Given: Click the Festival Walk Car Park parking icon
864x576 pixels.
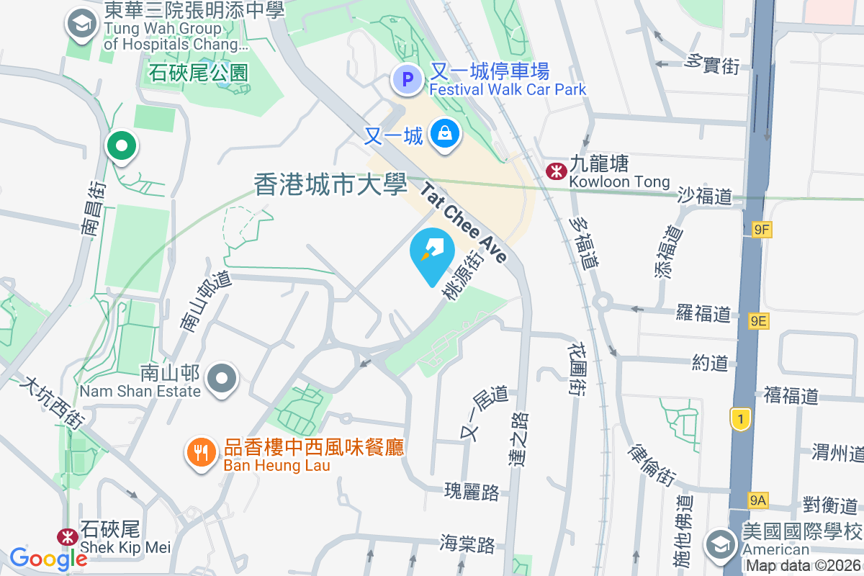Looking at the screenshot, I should (x=408, y=79).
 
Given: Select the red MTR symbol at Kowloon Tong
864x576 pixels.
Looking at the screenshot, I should (x=555, y=171).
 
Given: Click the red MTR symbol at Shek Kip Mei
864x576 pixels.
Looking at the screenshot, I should (x=68, y=537).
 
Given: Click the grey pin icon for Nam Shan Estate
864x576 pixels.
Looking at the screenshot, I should (x=222, y=379).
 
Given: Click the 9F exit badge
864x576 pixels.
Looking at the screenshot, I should (x=760, y=230).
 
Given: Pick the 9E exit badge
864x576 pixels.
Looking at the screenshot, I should (x=757, y=321).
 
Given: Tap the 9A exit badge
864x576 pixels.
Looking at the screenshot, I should (x=757, y=500).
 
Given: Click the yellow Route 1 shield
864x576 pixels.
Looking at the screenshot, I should (x=739, y=419).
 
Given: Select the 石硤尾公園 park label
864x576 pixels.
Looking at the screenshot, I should (x=199, y=73).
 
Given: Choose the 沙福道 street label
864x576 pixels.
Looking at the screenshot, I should (x=705, y=196).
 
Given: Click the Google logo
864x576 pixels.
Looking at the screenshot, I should (x=48, y=558).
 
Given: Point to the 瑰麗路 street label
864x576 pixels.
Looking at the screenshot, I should (x=472, y=492).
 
